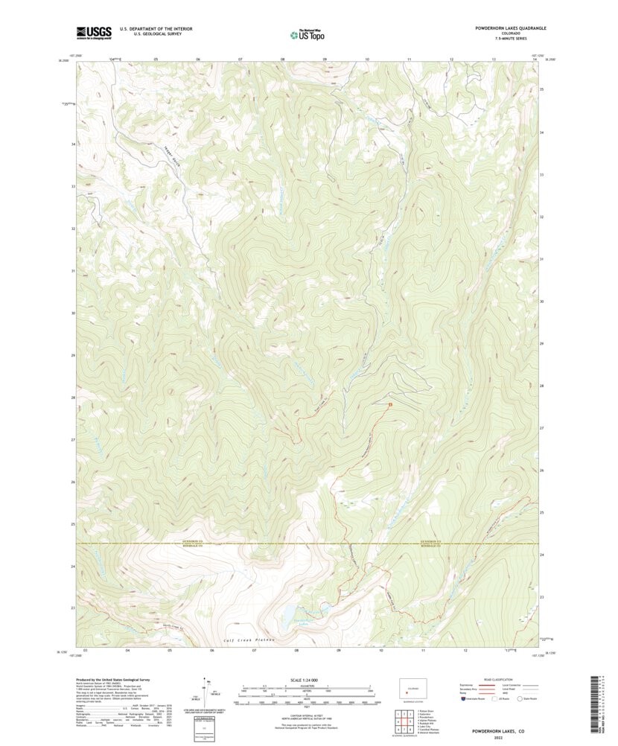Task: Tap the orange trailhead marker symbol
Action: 389,404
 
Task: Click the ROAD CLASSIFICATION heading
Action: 488,680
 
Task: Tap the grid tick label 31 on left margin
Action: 73,270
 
